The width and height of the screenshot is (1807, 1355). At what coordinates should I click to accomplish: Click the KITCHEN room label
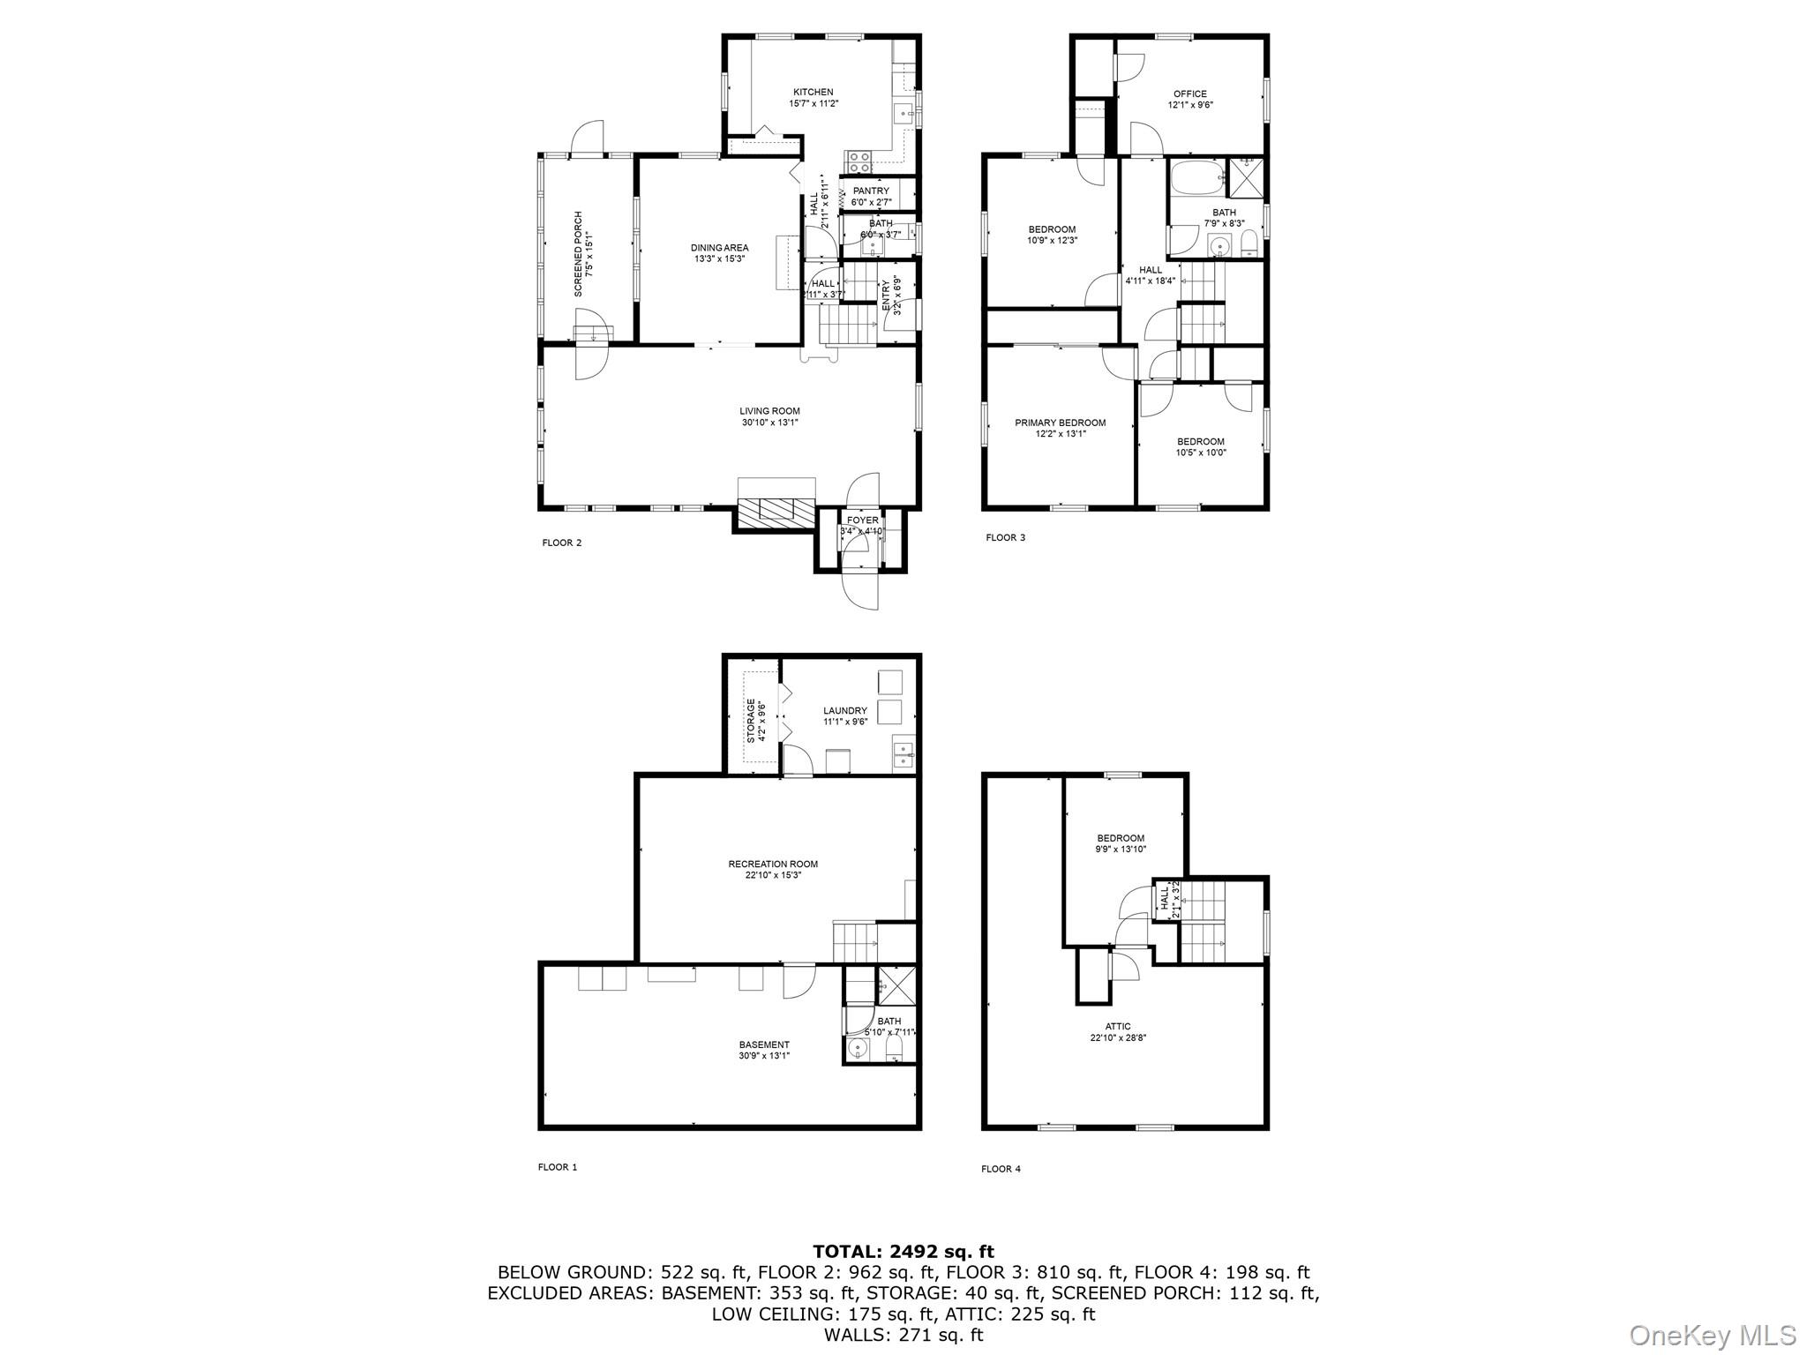point(813,92)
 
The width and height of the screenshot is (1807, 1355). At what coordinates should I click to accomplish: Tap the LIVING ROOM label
point(769,411)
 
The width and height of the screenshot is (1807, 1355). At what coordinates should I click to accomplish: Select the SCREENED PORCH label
point(579,253)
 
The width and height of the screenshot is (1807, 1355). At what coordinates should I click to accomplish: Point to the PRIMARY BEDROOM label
point(1060,423)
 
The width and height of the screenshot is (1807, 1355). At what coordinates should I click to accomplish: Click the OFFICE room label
point(1189,94)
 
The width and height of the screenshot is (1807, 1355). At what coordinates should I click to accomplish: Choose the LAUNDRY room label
point(845,711)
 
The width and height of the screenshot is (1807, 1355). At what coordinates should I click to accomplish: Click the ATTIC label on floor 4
point(1117,1027)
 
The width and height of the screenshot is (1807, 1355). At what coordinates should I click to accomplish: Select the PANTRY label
point(871,191)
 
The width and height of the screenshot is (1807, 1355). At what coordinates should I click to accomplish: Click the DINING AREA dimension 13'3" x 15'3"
point(720,259)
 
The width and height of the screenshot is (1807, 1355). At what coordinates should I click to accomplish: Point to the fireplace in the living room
point(776,510)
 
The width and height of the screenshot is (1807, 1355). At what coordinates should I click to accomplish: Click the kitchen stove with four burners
point(859,161)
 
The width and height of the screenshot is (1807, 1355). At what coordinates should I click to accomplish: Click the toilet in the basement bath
point(894,1048)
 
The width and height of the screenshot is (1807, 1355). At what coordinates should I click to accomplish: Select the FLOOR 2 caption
point(561,543)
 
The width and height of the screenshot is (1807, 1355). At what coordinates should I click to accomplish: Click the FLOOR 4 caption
point(1001,1170)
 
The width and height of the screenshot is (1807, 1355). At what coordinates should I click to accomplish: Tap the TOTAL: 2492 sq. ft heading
point(903,1251)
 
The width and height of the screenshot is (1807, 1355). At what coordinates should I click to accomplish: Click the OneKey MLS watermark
point(1713,1335)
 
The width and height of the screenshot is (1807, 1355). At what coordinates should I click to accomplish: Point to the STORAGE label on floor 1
point(752,720)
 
